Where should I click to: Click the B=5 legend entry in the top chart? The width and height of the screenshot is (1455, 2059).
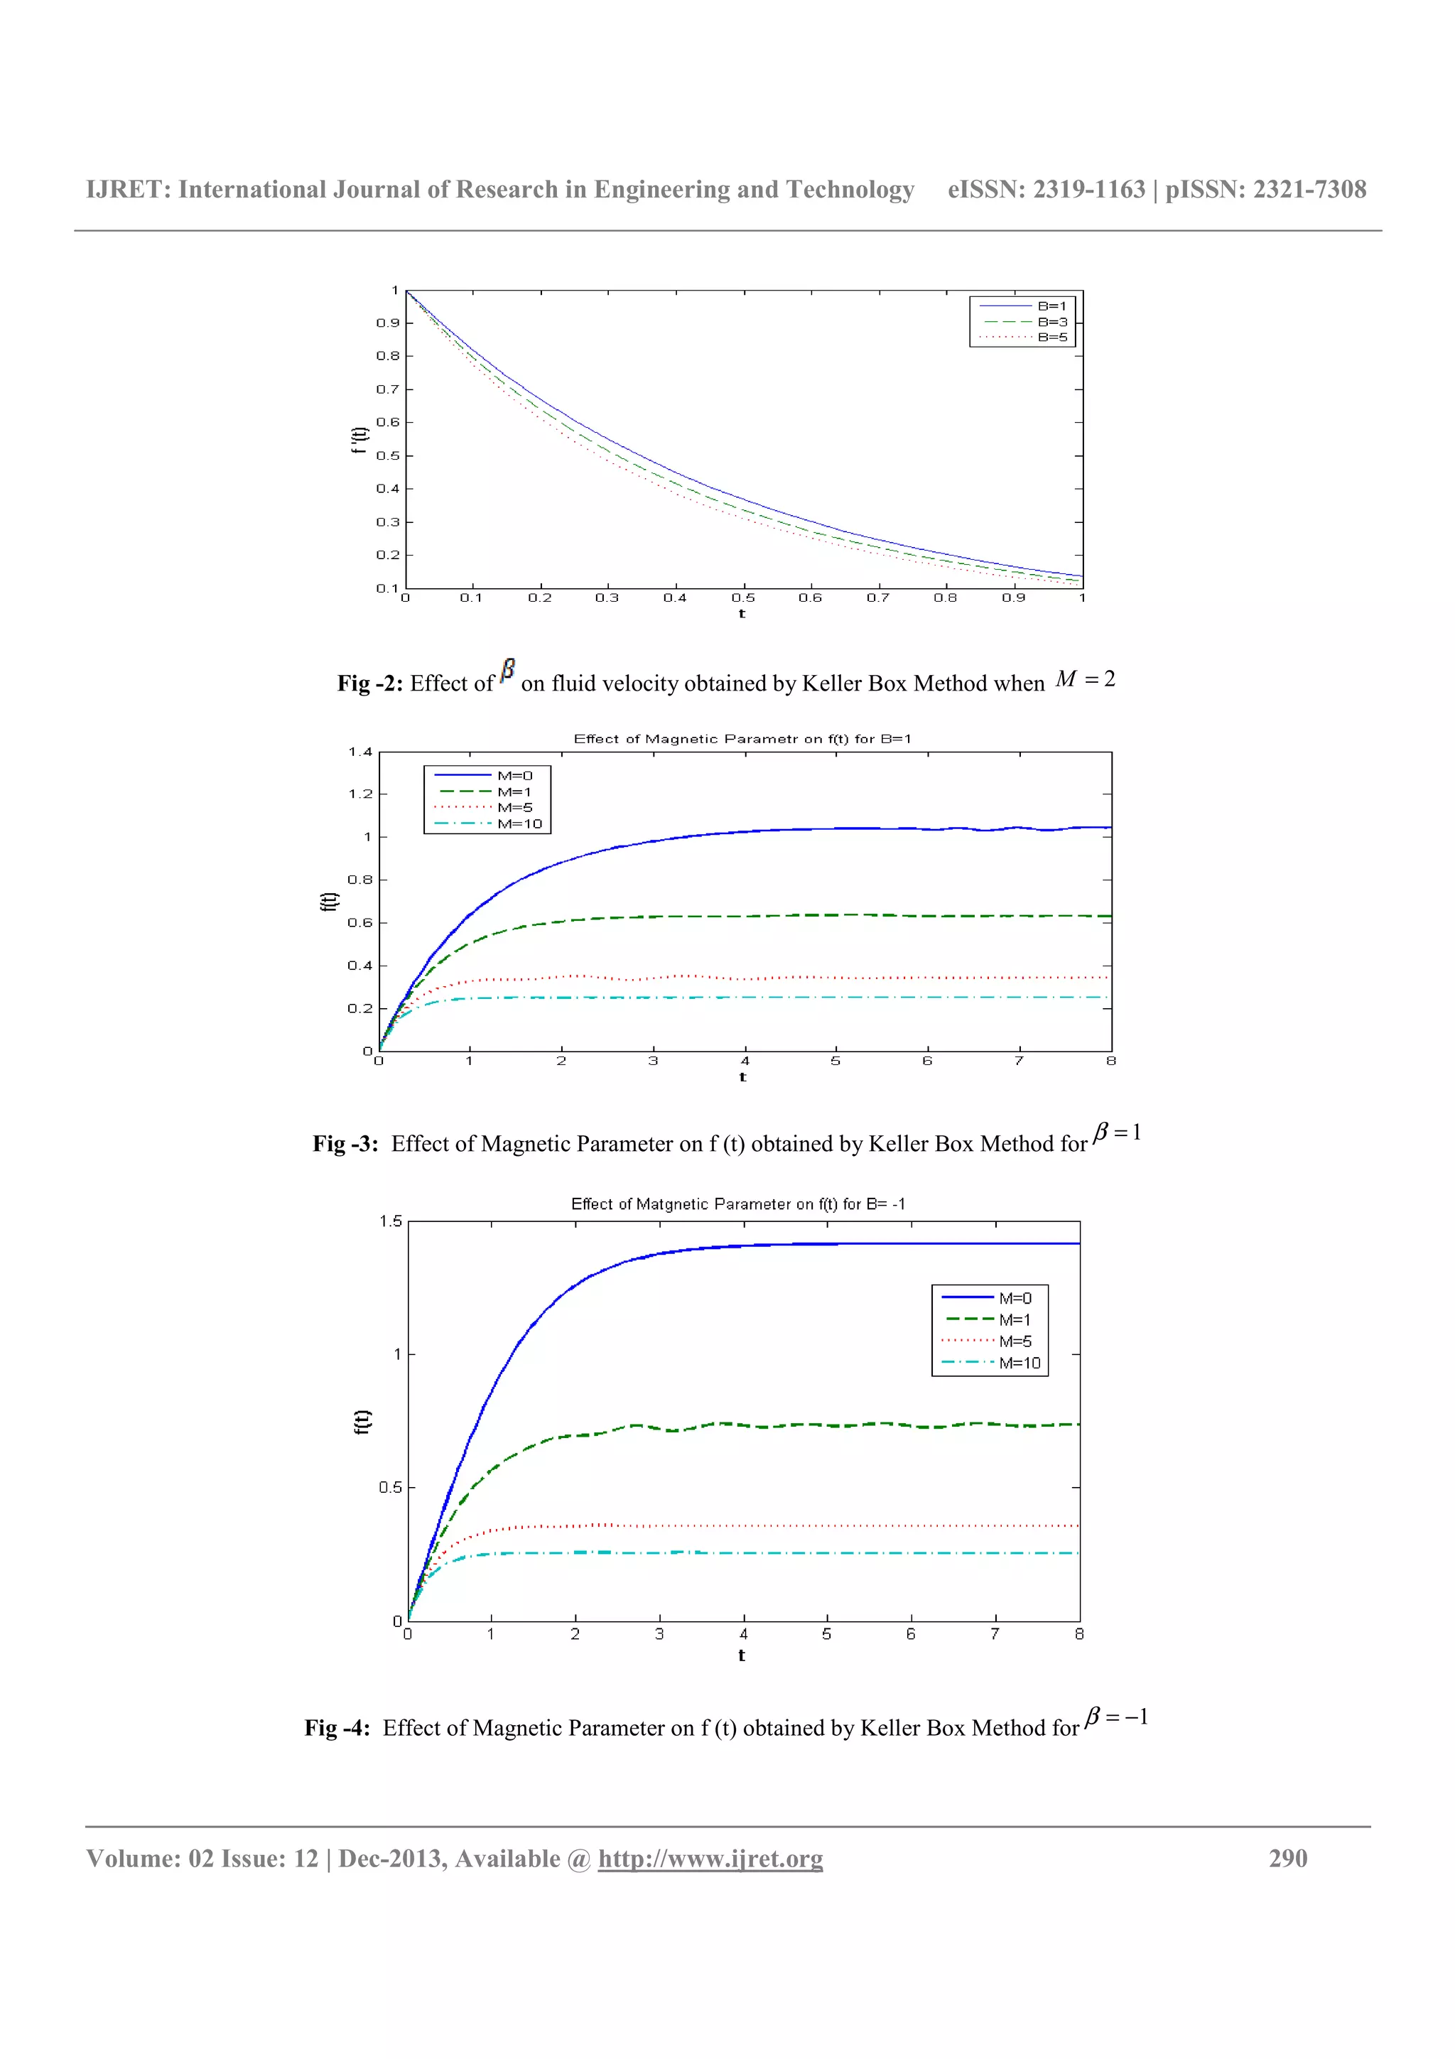tap(1051, 337)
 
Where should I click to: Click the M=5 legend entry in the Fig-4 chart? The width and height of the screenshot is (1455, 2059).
tap(1015, 1341)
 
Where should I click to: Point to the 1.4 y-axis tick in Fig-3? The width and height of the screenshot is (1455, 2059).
tap(360, 752)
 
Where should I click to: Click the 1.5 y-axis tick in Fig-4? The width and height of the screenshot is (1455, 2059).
tap(391, 1221)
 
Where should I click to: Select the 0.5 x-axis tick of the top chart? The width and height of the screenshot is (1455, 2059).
tap(743, 598)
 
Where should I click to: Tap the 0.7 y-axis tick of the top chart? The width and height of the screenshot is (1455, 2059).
tap(387, 389)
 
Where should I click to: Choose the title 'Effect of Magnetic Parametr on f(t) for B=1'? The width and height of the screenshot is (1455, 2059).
tap(742, 739)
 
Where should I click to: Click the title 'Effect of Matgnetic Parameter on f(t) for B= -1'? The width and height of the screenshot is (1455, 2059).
tap(738, 1204)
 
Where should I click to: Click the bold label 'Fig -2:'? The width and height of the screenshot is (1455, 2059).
tap(370, 683)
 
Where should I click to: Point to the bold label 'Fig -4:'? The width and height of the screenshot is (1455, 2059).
tap(337, 1728)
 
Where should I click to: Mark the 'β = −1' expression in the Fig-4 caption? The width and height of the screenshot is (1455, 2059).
tap(1116, 1717)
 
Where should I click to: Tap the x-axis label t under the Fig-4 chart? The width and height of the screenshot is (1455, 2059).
tap(742, 1655)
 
